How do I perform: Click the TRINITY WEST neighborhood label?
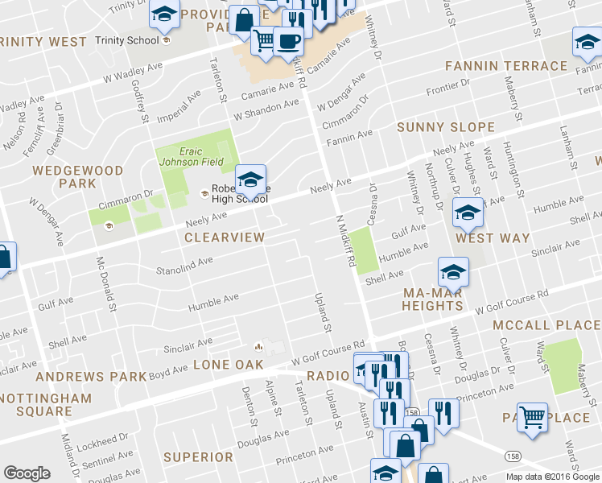pos(43,41)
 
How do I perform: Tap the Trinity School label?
pos(122,40)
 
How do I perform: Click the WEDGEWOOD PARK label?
pos(77,177)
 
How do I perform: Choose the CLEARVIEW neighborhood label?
pos(224,237)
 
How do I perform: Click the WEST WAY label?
pos(493,238)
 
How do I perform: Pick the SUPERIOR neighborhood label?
pos(198,457)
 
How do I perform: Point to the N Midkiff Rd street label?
pos(346,241)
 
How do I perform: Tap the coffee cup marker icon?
pos(288,41)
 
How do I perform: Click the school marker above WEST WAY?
pos(466,213)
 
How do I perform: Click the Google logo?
pos(27,473)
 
